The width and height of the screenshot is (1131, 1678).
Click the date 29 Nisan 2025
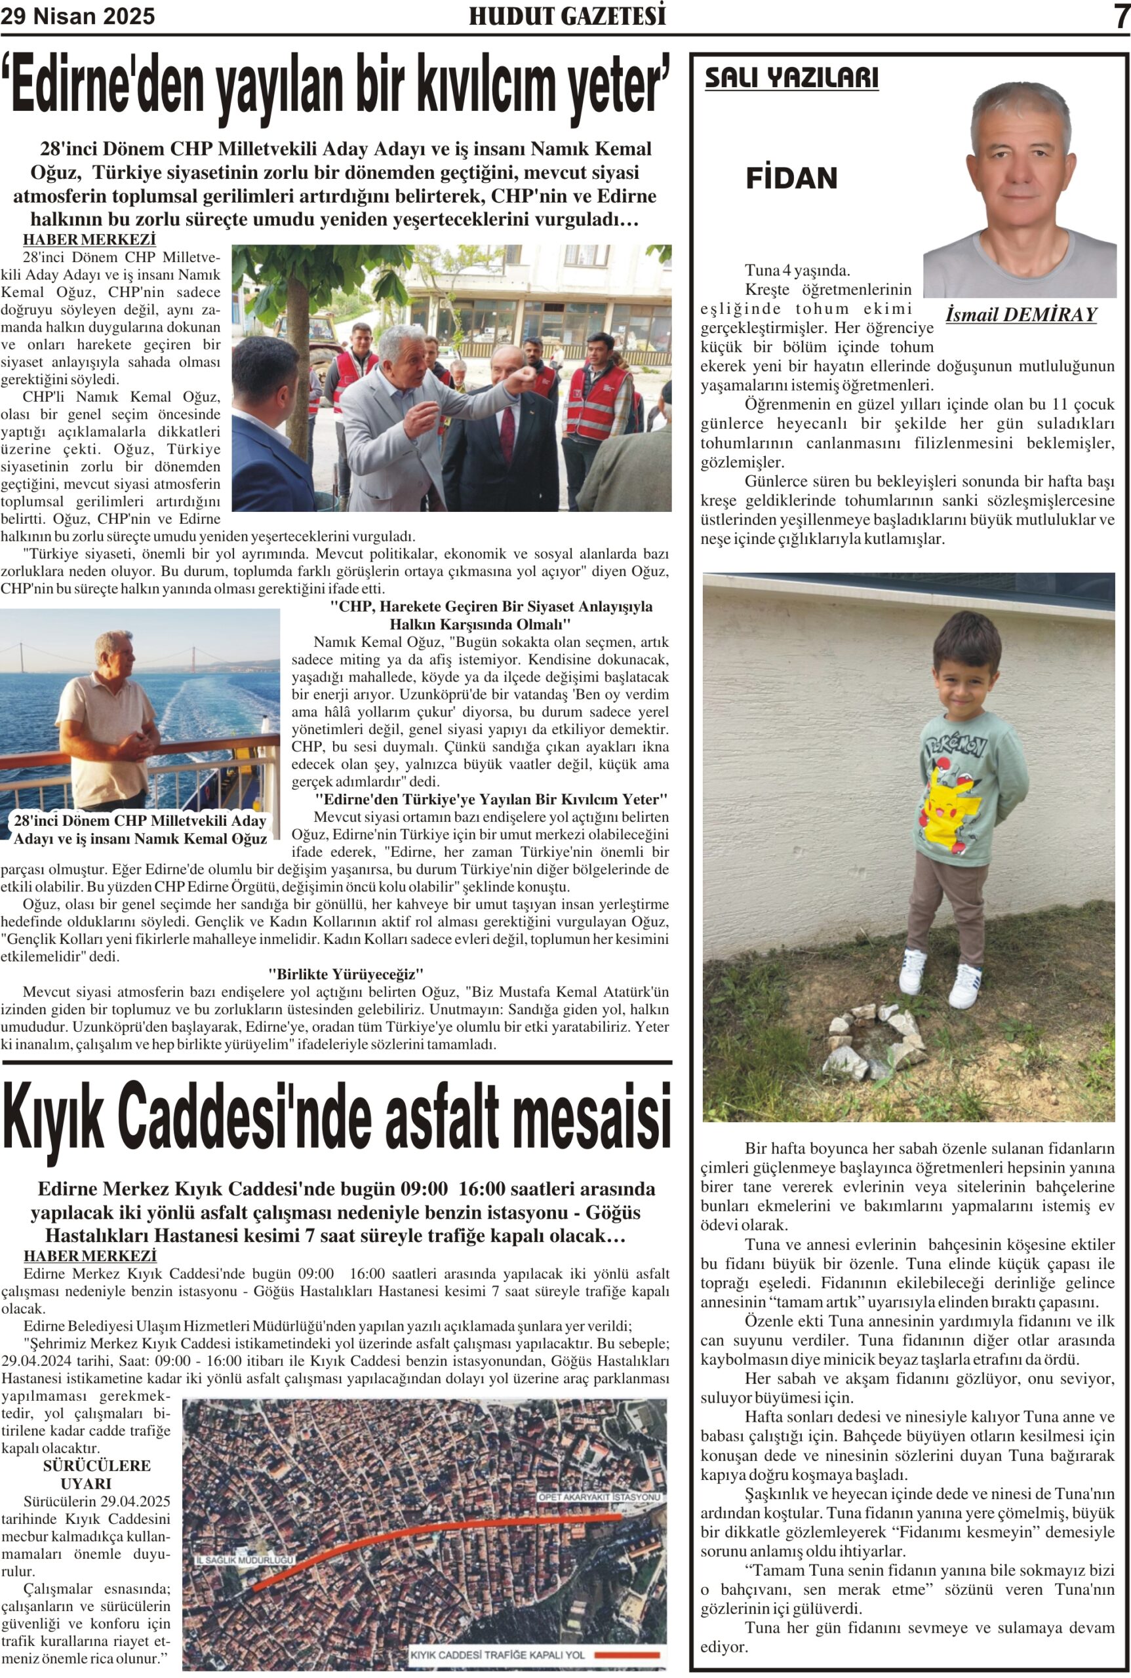(x=78, y=16)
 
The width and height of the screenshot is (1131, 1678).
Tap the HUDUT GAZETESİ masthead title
(x=567, y=16)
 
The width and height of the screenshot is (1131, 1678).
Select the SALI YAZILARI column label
(x=791, y=78)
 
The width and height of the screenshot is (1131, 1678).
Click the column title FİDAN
(x=791, y=178)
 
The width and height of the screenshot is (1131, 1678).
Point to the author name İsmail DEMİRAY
(x=1021, y=315)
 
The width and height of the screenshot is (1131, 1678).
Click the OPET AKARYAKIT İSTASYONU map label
(x=599, y=1498)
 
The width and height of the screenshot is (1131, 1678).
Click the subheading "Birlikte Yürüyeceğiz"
(x=346, y=974)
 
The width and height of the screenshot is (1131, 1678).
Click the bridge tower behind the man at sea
(x=193, y=657)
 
